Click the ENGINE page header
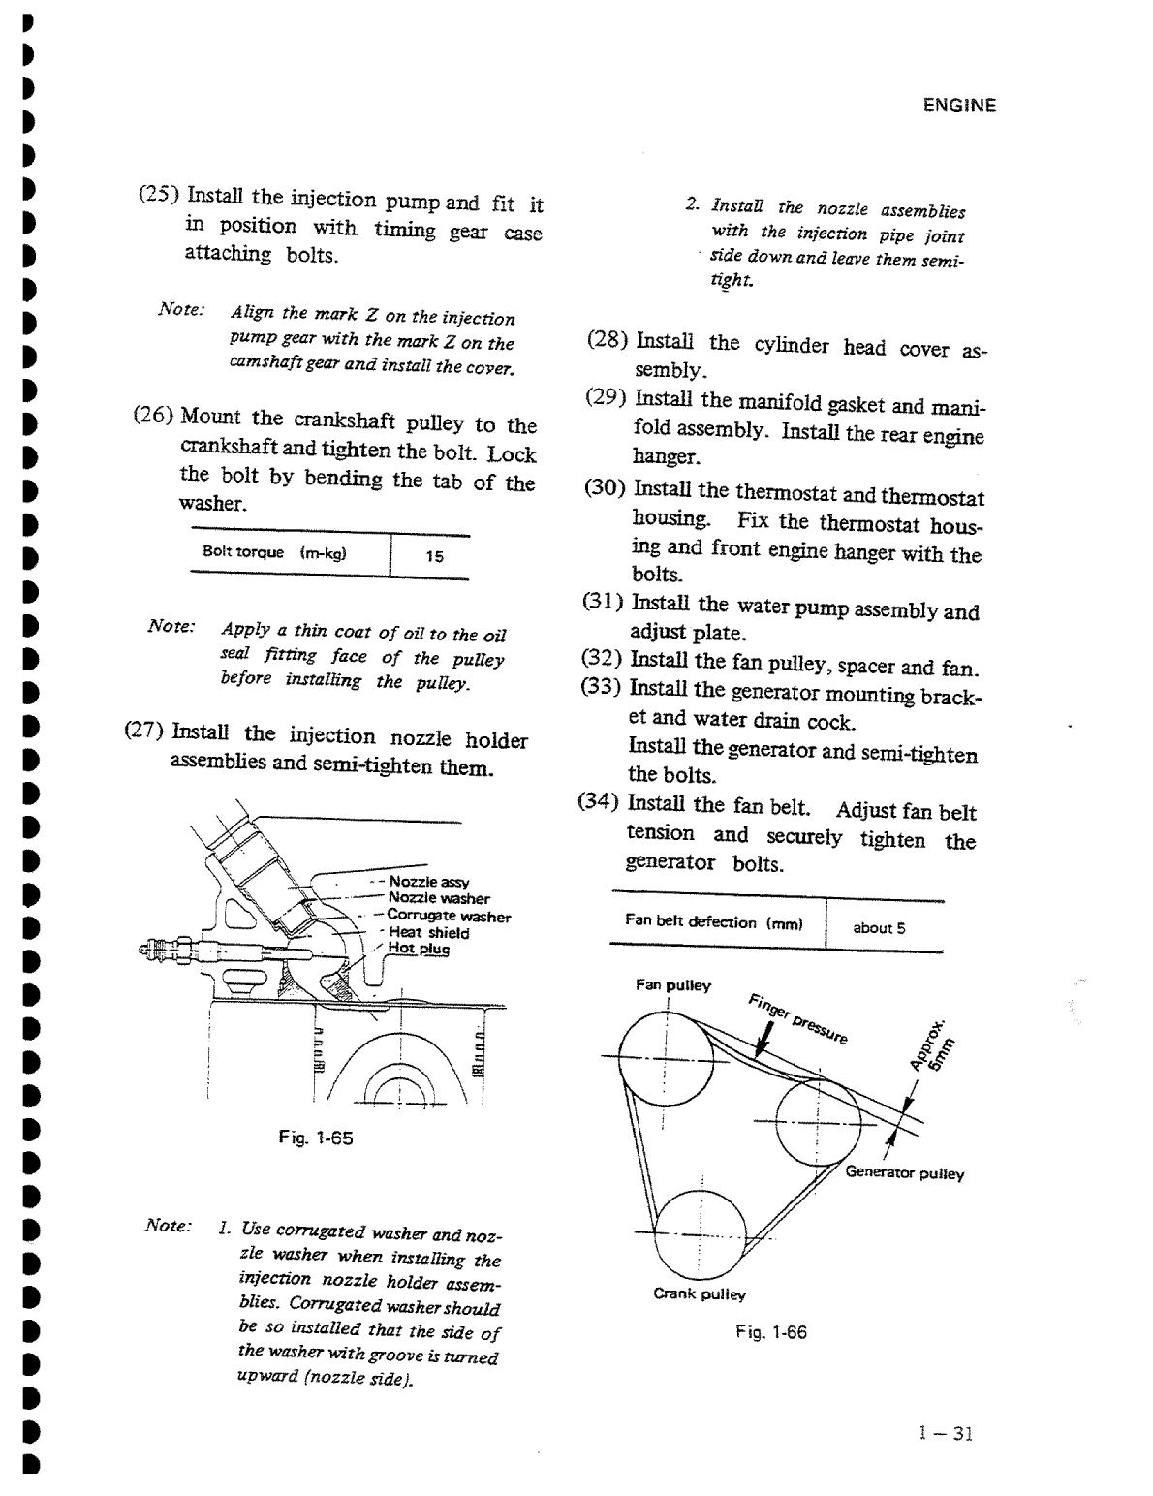coord(958,107)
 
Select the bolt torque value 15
coord(435,556)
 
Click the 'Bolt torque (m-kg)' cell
coord(274,552)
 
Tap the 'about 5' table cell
coord(879,927)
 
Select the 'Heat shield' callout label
coord(428,933)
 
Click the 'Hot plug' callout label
coord(419,949)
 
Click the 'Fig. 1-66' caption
coord(770,1332)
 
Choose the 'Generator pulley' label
coord(904,1173)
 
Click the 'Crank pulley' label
coord(699,1293)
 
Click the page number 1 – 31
coord(946,1434)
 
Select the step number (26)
coord(153,417)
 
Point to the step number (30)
coord(605,487)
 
